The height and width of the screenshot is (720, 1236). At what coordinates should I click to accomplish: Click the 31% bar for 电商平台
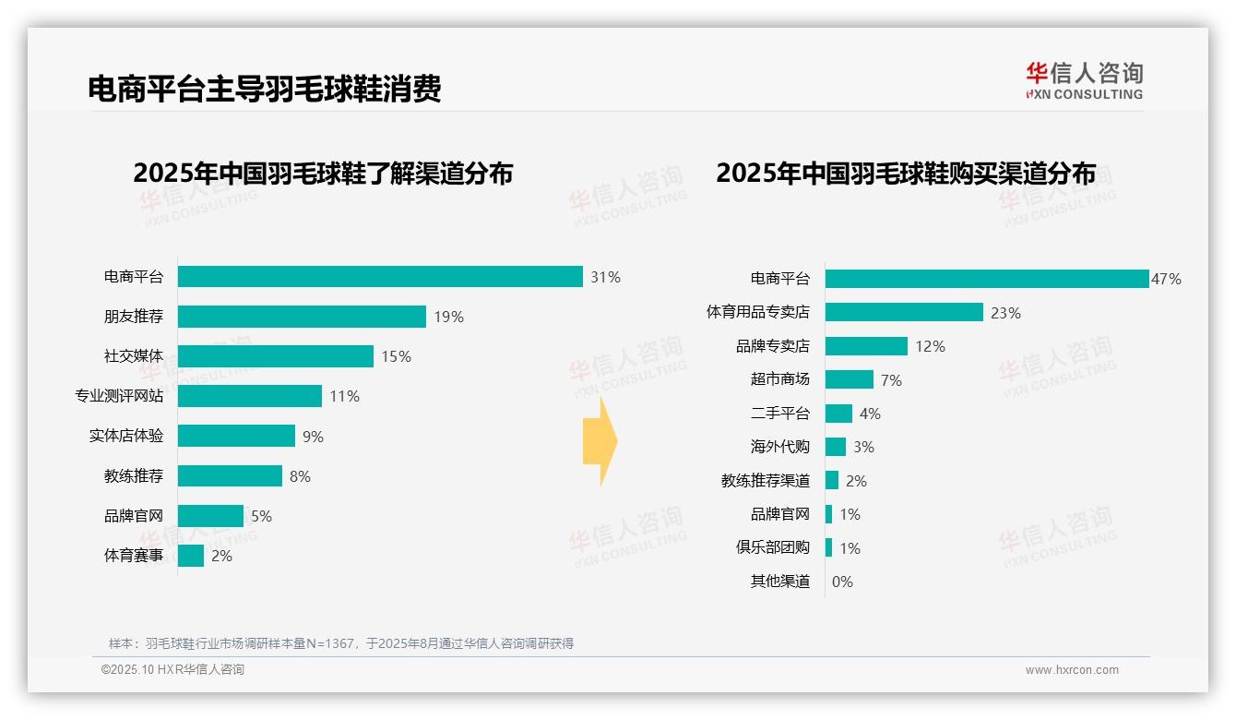(x=380, y=277)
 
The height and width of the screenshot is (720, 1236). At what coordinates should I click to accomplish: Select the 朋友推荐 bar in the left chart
(x=302, y=317)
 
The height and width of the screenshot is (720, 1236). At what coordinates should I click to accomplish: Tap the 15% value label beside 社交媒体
(x=396, y=356)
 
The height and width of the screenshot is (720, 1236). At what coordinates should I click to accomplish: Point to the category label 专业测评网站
(x=119, y=396)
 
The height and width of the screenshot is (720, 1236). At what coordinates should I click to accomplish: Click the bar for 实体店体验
(x=236, y=436)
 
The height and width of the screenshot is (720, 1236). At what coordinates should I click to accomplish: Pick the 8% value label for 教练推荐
(x=300, y=476)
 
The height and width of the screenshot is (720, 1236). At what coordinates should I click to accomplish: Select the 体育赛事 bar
(x=191, y=556)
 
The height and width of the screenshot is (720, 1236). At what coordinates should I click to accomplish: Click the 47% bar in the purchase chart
(x=986, y=279)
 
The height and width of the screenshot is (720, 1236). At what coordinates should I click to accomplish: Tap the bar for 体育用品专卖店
(x=904, y=312)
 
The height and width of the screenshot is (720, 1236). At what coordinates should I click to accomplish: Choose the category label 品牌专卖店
(x=773, y=346)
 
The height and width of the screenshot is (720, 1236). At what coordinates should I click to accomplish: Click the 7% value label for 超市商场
(x=891, y=380)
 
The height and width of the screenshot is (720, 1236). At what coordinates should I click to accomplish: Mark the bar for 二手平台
(x=838, y=414)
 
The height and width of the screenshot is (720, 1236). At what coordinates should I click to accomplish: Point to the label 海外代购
(x=780, y=447)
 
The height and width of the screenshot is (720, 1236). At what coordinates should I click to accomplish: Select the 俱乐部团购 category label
(x=773, y=547)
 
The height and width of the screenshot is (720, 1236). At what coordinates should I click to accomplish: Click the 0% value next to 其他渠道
(x=842, y=582)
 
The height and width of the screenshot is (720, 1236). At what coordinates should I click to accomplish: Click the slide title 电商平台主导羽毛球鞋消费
(x=265, y=89)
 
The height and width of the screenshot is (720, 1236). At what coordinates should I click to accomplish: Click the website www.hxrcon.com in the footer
(x=1072, y=670)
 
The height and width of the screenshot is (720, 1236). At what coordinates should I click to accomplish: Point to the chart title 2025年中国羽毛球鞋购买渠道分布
(x=906, y=174)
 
